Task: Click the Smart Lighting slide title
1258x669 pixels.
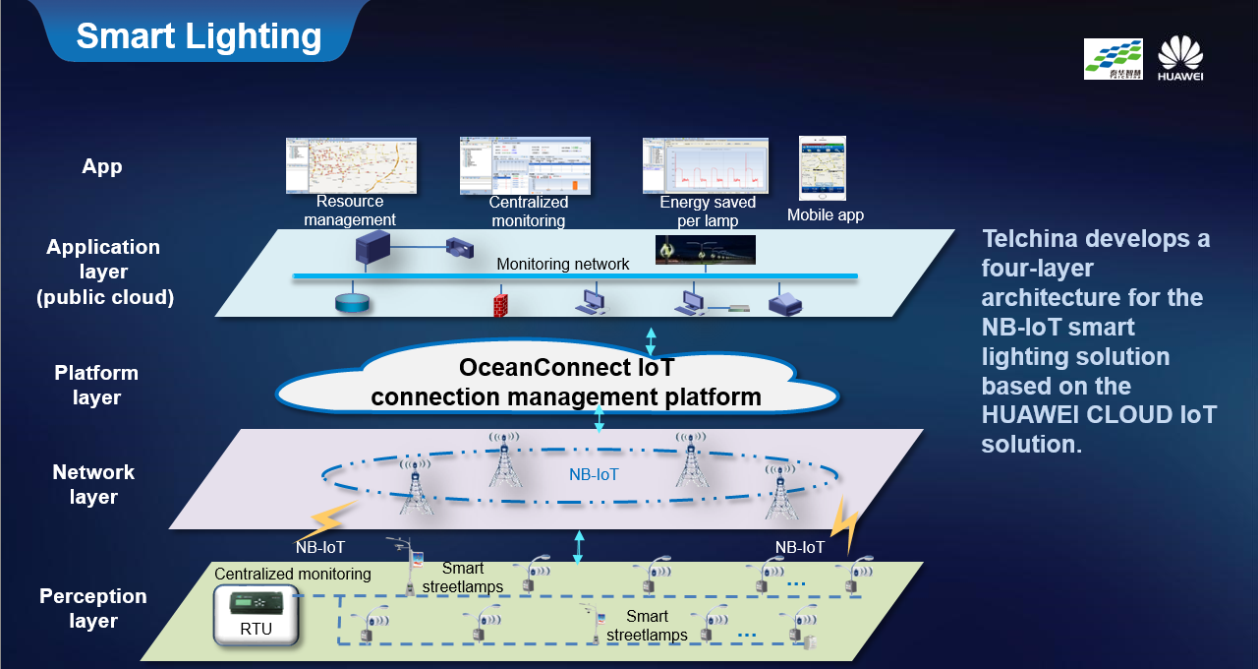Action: (200, 36)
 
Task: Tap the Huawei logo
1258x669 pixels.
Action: (1179, 58)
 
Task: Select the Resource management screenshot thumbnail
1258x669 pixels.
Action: (351, 165)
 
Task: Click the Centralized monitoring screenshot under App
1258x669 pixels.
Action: (525, 165)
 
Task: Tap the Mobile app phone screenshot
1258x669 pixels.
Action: (823, 168)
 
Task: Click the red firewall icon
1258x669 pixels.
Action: (500, 301)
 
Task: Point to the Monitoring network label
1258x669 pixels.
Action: (563, 264)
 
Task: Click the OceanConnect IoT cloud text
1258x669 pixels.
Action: (566, 383)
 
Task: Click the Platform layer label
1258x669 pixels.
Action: (96, 385)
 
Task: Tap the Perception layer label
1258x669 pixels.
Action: (93, 608)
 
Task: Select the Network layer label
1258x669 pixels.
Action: (93, 484)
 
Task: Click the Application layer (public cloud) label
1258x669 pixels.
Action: (103, 272)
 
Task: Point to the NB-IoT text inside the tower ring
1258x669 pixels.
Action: (595, 473)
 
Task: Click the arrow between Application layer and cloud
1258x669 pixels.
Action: (650, 340)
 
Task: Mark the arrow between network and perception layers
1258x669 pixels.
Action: (579, 546)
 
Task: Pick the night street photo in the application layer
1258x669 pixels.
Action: (705, 250)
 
